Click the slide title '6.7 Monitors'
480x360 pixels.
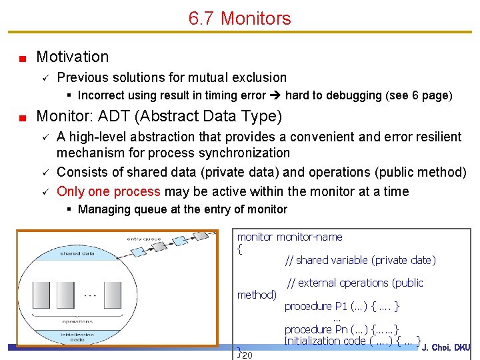[x=239, y=18]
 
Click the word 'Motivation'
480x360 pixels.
[x=72, y=57]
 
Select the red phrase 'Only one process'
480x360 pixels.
[x=109, y=191]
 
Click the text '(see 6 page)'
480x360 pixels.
[x=419, y=95]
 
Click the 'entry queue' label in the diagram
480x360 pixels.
[x=144, y=239]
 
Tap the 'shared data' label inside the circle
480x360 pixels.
[x=78, y=253]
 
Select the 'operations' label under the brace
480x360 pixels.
[x=77, y=321]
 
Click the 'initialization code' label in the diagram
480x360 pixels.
[x=78, y=337]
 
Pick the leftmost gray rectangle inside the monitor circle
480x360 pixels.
[x=41, y=295]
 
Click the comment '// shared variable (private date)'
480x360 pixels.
[x=360, y=260]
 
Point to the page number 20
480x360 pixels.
[x=247, y=355]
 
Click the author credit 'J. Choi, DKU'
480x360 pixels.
[x=446, y=347]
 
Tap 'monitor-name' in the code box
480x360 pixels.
[x=309, y=237]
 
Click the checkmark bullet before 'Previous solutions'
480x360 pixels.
[x=43, y=78]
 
